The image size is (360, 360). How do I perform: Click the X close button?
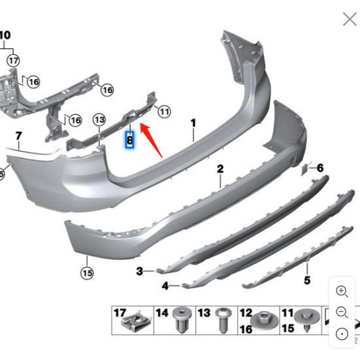click(x=350, y=19)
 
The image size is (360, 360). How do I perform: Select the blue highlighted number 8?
click(x=129, y=139)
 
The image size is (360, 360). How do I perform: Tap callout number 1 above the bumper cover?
click(x=193, y=123)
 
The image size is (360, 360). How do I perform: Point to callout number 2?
click(x=220, y=169)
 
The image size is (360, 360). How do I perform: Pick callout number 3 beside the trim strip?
click(x=139, y=270)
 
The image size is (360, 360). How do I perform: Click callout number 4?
click(x=166, y=286)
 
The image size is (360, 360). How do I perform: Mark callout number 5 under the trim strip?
click(x=307, y=280)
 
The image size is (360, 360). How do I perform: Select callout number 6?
click(x=320, y=168)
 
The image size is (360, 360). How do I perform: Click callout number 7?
click(x=18, y=137)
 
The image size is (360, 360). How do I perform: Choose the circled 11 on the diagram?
click(x=163, y=112)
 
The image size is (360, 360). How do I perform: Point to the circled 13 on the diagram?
click(x=99, y=120)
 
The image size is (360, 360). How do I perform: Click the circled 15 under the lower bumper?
click(x=87, y=272)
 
